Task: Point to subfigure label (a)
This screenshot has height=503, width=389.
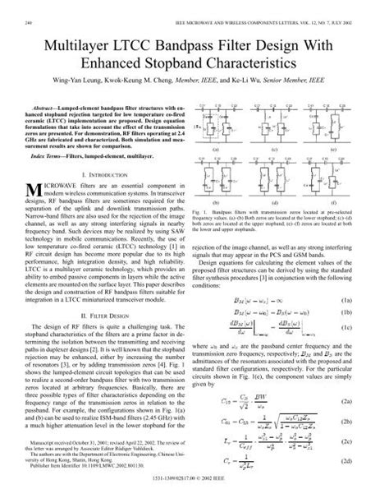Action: pos(215,152)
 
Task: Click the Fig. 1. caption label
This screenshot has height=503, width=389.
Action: pos(209,213)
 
